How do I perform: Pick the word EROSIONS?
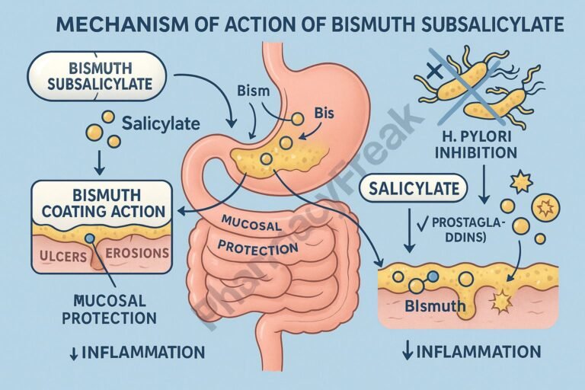tap(136, 254)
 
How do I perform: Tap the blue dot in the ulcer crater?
tap(91, 238)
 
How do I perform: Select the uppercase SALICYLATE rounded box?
tap(414, 188)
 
